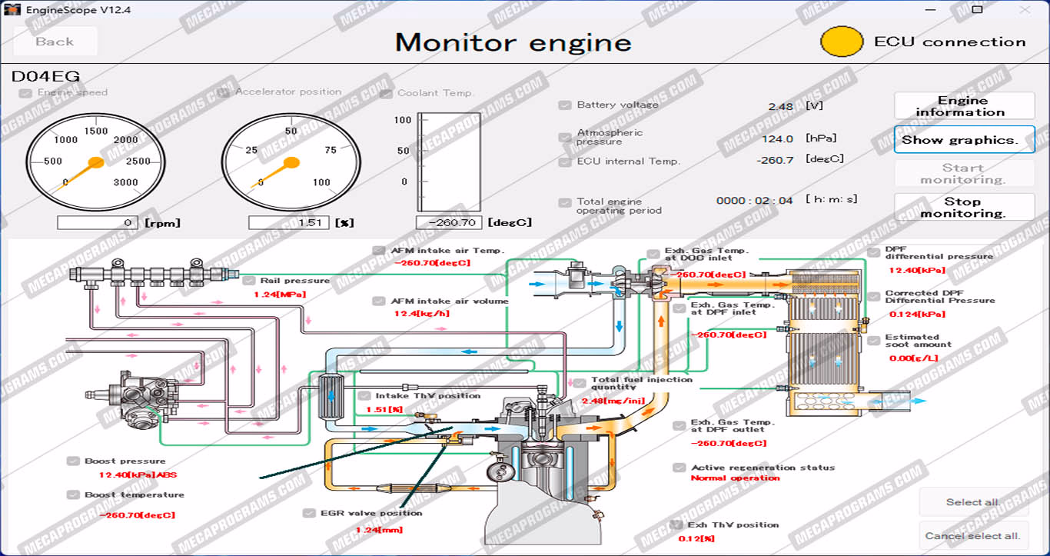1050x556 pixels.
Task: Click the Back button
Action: tap(55, 42)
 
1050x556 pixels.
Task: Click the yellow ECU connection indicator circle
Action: tap(842, 42)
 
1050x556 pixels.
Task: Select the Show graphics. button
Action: tap(964, 140)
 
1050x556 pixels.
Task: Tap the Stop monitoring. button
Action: tap(964, 207)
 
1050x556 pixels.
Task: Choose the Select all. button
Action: tap(973, 502)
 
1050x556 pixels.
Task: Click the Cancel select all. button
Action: tap(973, 536)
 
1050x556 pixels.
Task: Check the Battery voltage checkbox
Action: tap(565, 105)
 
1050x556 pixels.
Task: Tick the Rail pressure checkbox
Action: tap(248, 281)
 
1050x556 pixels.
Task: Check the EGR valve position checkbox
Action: tap(309, 513)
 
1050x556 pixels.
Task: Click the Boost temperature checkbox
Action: tap(73, 495)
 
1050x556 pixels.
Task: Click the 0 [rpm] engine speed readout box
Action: tap(98, 223)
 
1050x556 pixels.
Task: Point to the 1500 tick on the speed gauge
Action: tap(96, 132)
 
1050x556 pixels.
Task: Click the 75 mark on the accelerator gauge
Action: tap(330, 150)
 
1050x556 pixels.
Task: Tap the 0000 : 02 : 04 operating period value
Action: tap(754, 201)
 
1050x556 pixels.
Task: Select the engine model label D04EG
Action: tap(45, 77)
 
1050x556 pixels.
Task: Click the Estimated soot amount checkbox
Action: tap(873, 341)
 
